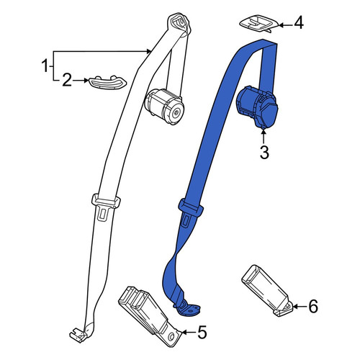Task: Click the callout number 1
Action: [x=45, y=66]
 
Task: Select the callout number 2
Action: [x=67, y=81]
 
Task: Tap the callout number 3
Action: [x=264, y=152]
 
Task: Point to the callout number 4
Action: [x=299, y=24]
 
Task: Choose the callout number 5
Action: [x=202, y=333]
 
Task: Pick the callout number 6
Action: [x=312, y=307]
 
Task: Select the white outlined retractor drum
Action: [x=164, y=107]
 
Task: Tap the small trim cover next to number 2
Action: [x=108, y=83]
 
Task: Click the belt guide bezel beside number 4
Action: [x=259, y=24]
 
